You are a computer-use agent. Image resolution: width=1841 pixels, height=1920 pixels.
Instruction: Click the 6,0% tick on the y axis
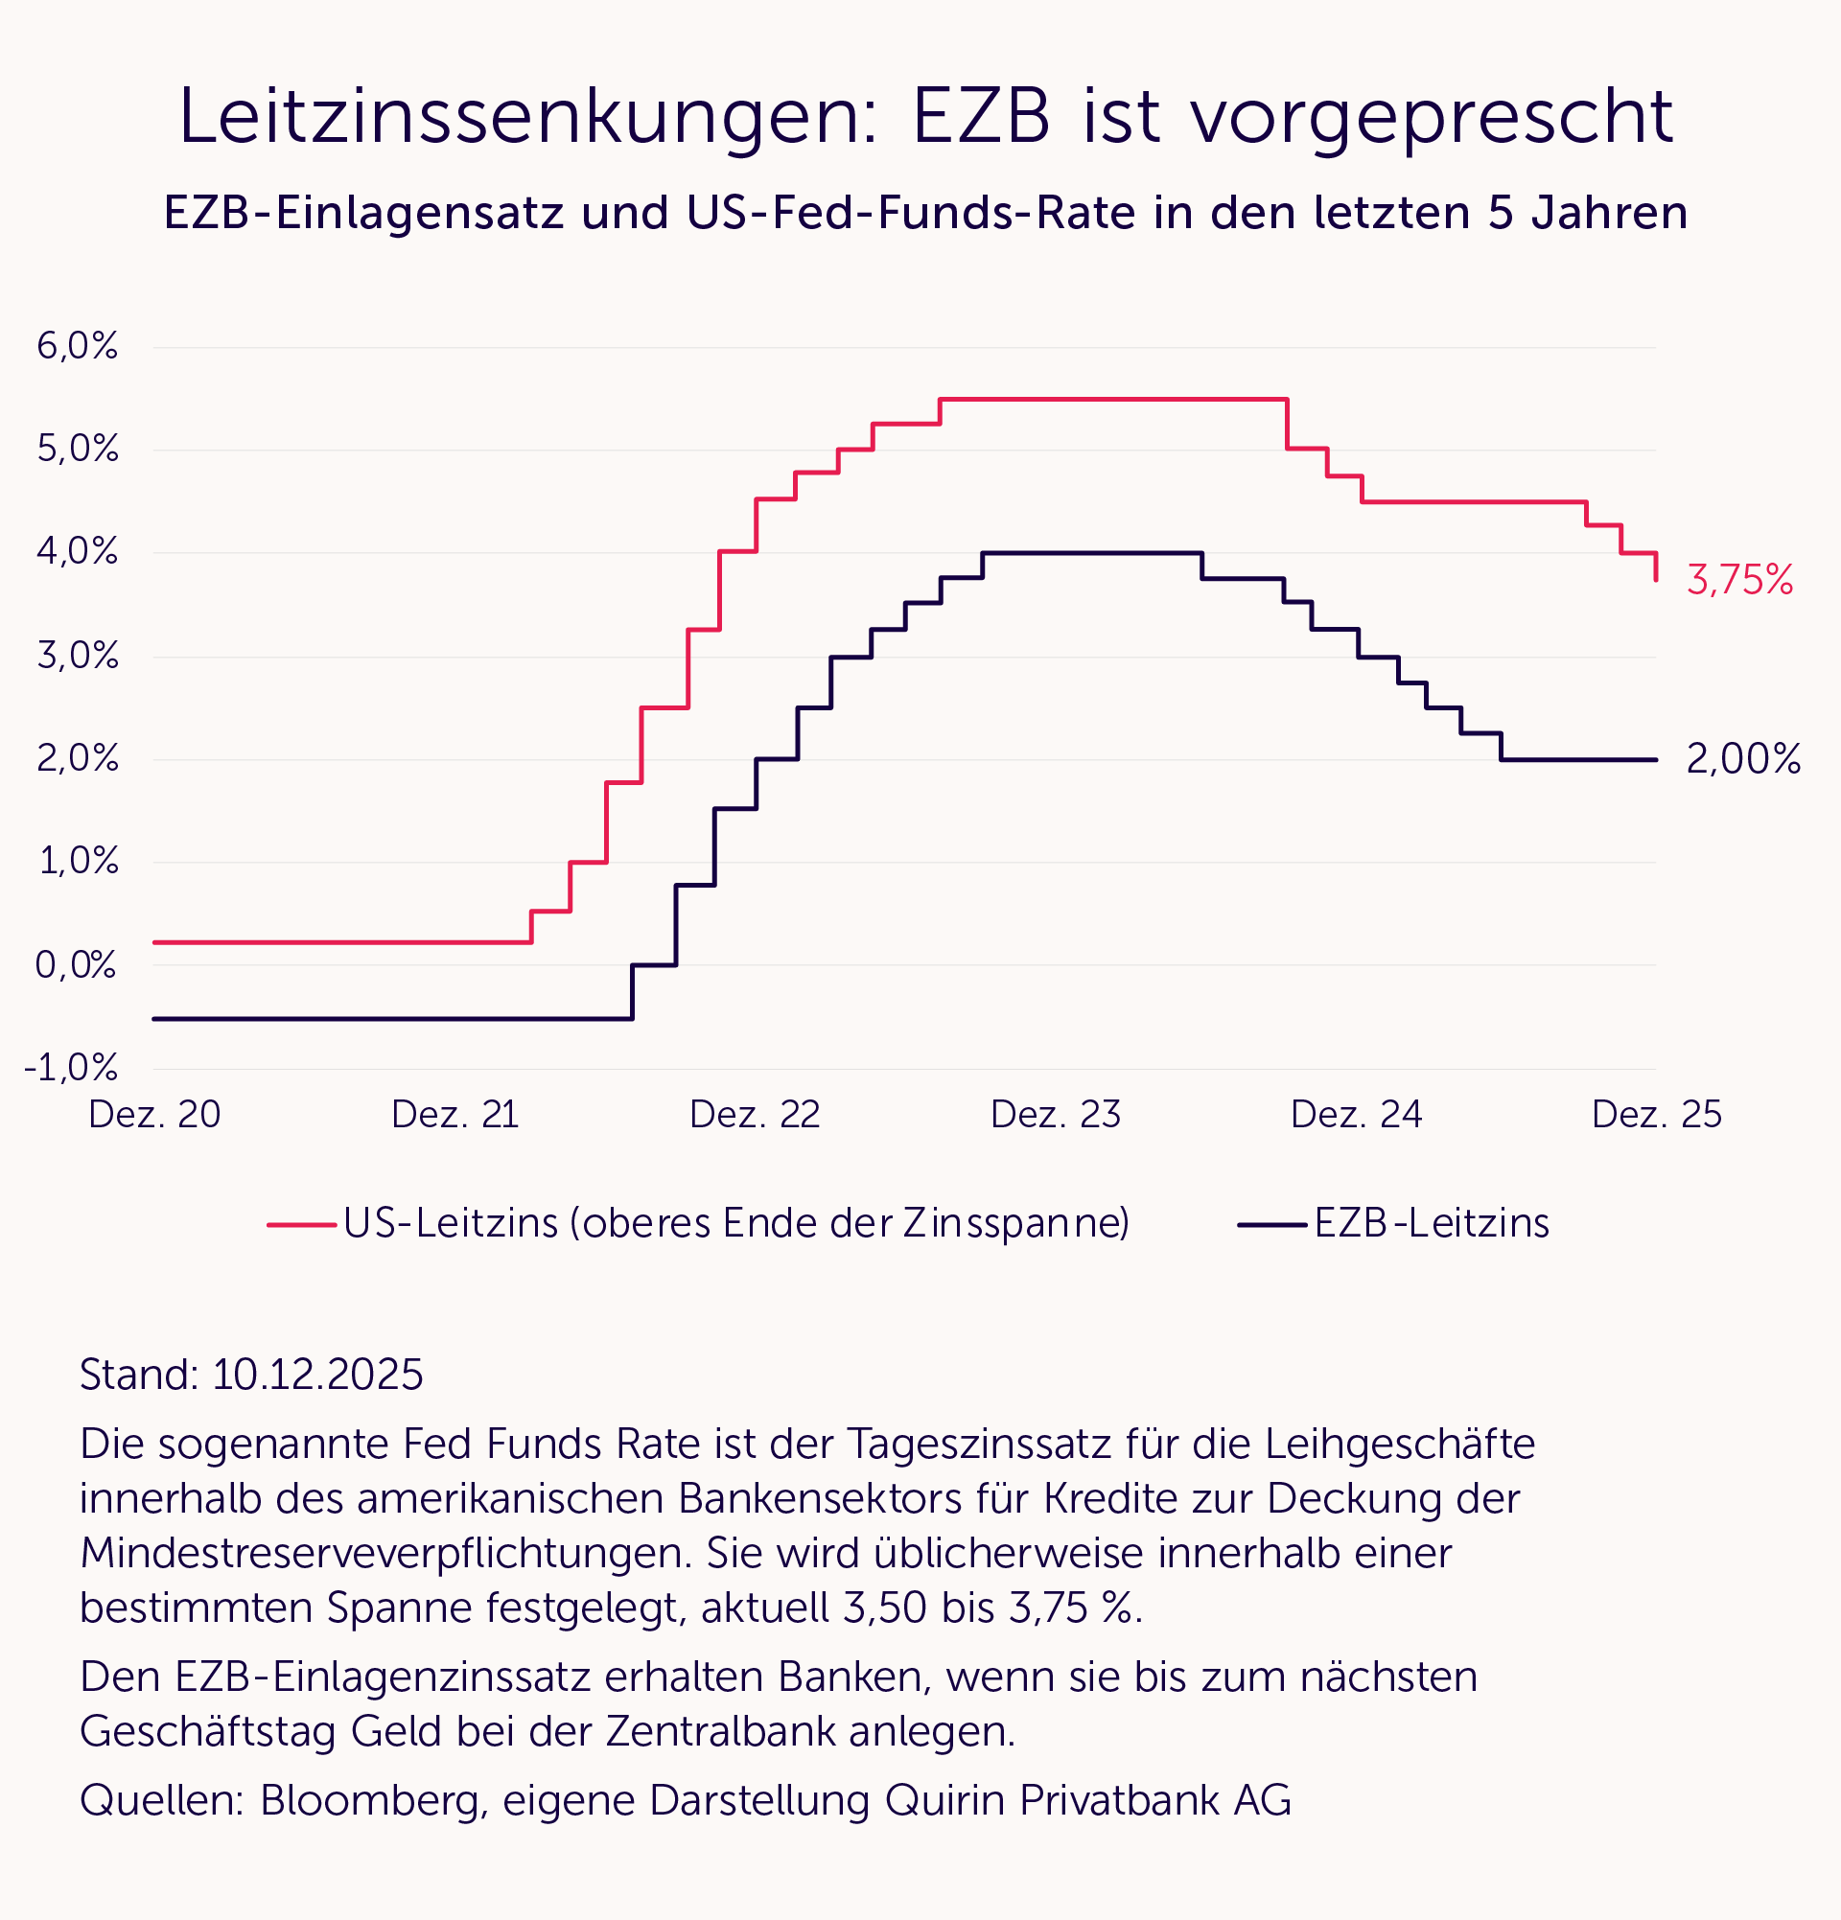[x=77, y=347]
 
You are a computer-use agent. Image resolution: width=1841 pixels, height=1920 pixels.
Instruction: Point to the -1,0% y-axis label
[x=72, y=1068]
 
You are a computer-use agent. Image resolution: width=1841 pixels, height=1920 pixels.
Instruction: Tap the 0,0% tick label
[x=77, y=965]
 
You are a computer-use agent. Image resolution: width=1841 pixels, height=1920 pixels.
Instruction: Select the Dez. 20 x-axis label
[x=153, y=1115]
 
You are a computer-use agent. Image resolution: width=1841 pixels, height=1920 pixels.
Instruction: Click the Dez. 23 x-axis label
[x=1056, y=1115]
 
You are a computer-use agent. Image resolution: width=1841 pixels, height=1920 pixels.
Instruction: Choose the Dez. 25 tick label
[x=1656, y=1115]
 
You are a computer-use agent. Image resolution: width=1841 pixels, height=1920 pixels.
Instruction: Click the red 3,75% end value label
[x=1739, y=581]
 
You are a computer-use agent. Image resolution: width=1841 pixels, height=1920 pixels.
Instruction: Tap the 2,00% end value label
[x=1743, y=759]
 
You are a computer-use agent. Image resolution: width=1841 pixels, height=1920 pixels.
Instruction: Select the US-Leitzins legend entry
[x=735, y=1223]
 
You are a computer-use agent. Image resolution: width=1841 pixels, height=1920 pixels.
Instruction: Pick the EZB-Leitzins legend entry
[x=1432, y=1223]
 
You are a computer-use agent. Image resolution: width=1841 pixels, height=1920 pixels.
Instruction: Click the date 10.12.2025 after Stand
[x=317, y=1375]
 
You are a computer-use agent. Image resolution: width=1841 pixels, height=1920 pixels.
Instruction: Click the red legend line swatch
[x=301, y=1224]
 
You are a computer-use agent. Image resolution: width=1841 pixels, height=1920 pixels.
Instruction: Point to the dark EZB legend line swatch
[x=1270, y=1224]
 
